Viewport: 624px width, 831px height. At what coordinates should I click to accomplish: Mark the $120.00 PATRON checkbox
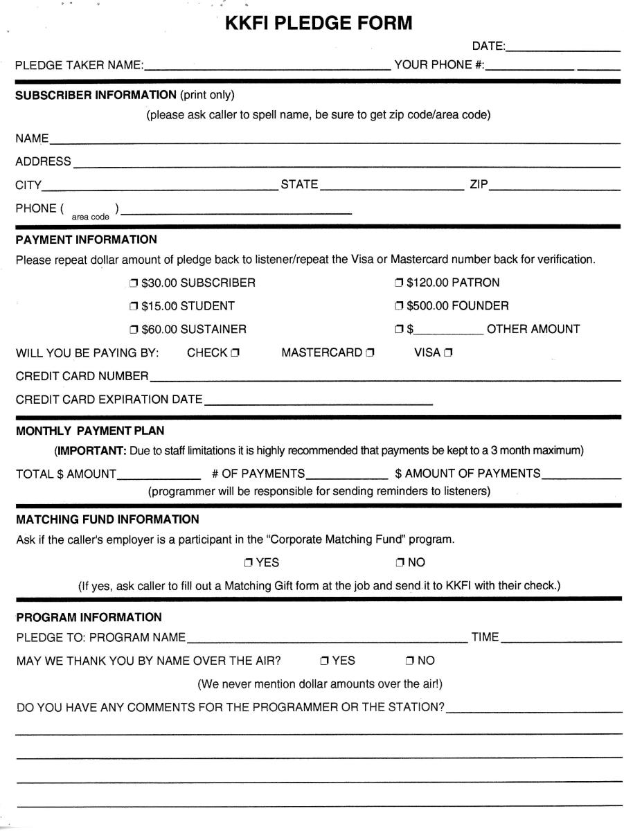[x=399, y=283]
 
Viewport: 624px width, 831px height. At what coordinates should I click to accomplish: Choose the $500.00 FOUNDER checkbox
[x=399, y=305]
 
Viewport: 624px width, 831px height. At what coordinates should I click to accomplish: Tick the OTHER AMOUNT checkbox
[x=399, y=329]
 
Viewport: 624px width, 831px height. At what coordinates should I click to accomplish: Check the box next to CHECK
[x=235, y=352]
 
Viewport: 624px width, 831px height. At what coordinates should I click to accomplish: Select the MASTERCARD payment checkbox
[x=371, y=352]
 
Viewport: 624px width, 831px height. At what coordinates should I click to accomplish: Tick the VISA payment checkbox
[x=448, y=352]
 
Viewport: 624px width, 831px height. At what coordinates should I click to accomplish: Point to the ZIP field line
[x=554, y=188]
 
